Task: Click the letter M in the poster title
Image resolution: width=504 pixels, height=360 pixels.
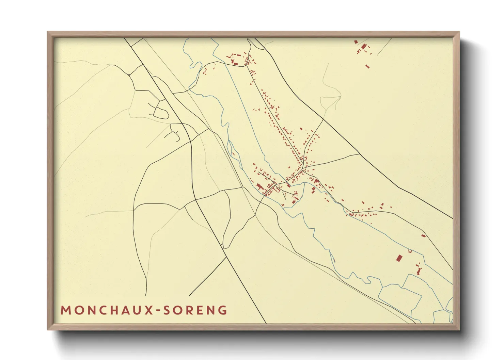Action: pyautogui.click(x=65, y=310)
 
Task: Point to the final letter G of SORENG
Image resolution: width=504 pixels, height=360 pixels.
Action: pyautogui.click(x=223, y=310)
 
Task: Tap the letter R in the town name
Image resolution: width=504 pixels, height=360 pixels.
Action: pyautogui.click(x=190, y=310)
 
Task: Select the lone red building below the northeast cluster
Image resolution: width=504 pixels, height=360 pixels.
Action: pyautogui.click(x=367, y=66)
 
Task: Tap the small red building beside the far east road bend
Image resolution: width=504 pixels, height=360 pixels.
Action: pyautogui.click(x=423, y=235)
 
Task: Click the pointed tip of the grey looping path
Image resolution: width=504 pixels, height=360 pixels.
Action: pyautogui.click(x=341, y=96)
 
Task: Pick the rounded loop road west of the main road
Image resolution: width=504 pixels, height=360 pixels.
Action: pyautogui.click(x=162, y=111)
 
